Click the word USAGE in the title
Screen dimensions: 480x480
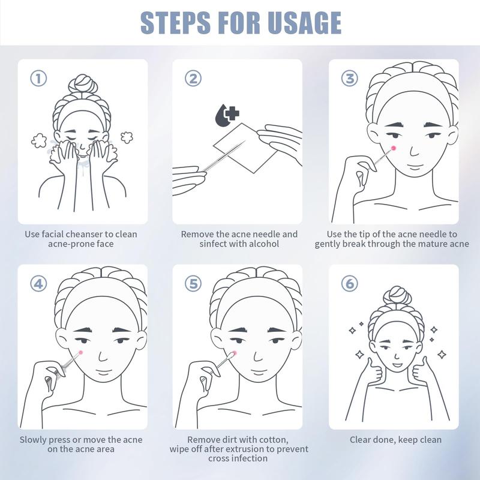[x=304, y=22]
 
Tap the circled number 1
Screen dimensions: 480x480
[x=38, y=78]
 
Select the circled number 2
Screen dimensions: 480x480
[x=193, y=78]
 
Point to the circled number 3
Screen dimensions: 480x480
[x=350, y=78]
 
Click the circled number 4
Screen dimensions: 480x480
[x=38, y=283]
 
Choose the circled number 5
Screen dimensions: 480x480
[x=193, y=283]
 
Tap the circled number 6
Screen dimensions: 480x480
[x=350, y=283]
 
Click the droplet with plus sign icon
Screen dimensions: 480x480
[x=227, y=115]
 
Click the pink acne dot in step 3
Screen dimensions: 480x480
[x=394, y=148]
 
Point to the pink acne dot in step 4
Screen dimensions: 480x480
[x=81, y=352]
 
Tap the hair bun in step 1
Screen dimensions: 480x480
[x=83, y=84]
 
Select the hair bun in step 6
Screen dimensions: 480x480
[x=397, y=295]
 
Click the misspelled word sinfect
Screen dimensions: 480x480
[x=213, y=244]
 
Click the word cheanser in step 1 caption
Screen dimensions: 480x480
[x=85, y=235]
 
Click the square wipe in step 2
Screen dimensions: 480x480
[x=245, y=148]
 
